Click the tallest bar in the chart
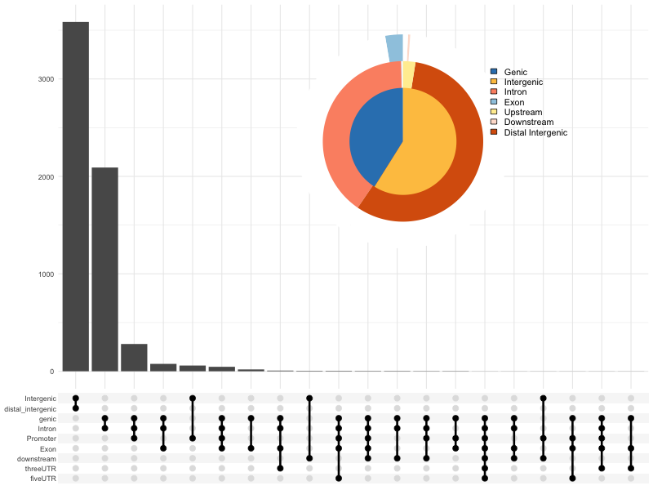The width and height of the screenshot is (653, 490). pos(75,196)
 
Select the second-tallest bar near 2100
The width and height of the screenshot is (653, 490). pos(104,269)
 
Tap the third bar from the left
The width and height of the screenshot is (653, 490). pos(134,358)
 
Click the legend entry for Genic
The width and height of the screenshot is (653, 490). pos(515,72)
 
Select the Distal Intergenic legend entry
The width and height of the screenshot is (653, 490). pos(535,132)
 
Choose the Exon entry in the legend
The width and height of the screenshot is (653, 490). pos(514,102)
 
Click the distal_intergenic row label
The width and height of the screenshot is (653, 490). pos(31,408)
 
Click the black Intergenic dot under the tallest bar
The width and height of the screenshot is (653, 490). pos(75,399)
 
